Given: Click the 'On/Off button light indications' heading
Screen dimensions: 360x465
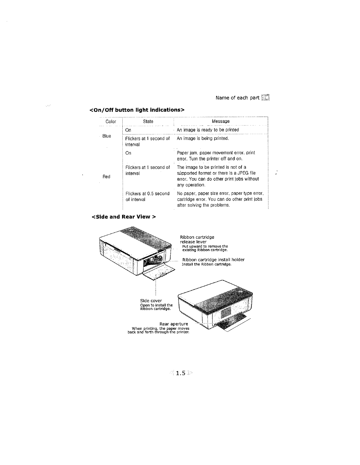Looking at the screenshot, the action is coord(137,110).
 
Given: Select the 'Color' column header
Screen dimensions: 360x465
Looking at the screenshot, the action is coord(111,121).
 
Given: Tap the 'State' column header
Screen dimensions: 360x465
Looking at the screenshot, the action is coord(148,121).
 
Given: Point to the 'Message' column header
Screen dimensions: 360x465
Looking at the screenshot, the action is coord(221,121).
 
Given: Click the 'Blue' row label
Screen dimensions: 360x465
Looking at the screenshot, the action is coord(107,136).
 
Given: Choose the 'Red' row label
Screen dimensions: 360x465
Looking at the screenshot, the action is coord(106,177).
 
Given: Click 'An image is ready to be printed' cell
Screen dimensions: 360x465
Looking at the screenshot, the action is coord(208,130).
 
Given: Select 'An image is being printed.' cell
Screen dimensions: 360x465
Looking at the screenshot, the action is coord(203,138).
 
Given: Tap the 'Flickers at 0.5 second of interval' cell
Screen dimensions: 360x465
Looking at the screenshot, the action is coord(147,196).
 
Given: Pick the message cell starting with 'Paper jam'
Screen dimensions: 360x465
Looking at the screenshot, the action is coord(216,156).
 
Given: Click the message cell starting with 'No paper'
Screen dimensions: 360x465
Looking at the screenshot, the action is coord(220,199).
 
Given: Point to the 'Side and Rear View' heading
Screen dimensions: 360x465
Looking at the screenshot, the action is coord(124,217).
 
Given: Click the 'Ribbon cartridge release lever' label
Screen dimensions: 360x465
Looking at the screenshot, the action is coord(197,239).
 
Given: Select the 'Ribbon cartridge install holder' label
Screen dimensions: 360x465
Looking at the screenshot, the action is coord(213,260).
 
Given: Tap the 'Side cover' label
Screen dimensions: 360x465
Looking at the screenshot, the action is coord(151,301).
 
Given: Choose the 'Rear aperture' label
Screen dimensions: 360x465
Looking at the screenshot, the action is coord(174,324).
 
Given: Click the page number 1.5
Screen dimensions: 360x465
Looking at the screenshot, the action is coord(180,373).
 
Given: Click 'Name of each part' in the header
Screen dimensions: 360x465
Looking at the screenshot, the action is coord(237,98).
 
